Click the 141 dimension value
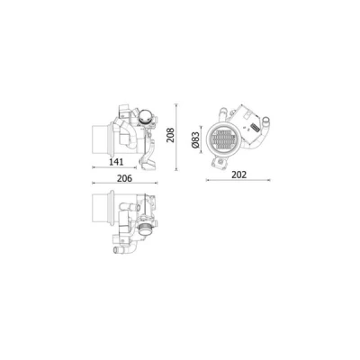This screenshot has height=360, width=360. [116, 162]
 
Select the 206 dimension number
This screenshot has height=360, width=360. [124, 178]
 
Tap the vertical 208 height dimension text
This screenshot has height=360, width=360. [170, 135]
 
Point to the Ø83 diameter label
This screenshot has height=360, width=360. [195, 139]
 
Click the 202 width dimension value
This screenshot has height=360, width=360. [239, 175]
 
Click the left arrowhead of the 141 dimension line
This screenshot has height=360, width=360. [94, 167]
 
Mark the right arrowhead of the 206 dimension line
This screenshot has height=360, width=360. [157, 183]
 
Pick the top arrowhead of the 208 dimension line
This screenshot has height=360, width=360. [176, 105]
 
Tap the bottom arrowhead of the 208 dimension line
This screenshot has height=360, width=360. [176, 169]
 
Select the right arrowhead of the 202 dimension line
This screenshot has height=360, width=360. [269, 180]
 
